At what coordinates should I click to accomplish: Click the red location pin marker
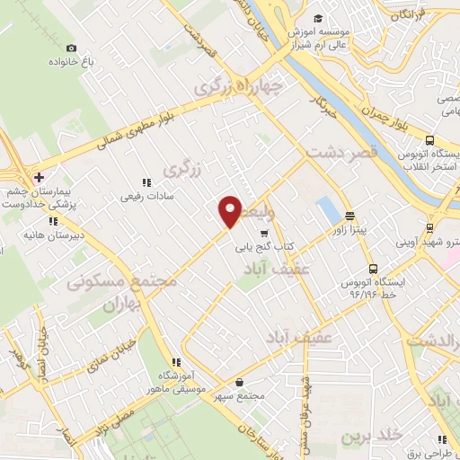(x=231, y=210)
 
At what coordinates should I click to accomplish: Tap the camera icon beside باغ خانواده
(x=72, y=48)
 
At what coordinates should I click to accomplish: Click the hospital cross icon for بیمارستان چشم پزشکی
(x=39, y=176)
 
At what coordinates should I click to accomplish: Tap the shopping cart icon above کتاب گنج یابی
(x=263, y=232)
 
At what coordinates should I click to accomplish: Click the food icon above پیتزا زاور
(x=349, y=215)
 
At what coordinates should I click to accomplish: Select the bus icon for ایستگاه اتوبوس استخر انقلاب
(x=430, y=140)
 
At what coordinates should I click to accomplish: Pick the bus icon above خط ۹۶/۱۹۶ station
(x=372, y=268)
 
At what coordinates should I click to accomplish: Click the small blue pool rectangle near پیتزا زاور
(x=329, y=213)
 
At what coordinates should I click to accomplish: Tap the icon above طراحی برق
(x=441, y=438)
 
